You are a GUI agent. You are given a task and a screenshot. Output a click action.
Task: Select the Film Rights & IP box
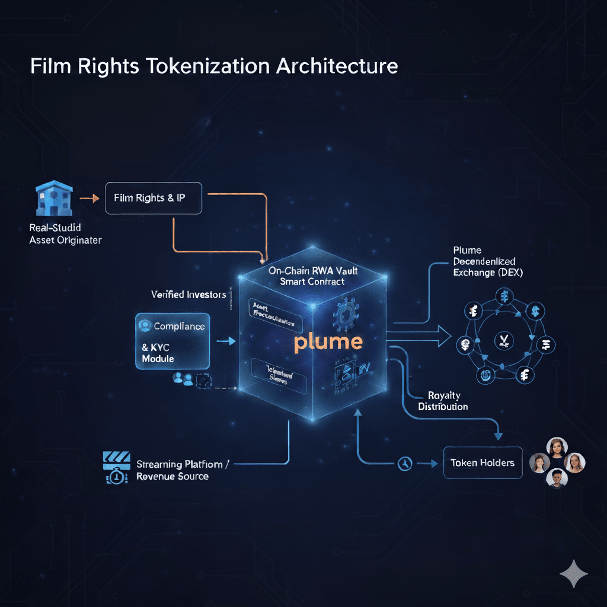click(154, 197)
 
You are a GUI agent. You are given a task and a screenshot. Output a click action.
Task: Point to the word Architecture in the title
click(337, 66)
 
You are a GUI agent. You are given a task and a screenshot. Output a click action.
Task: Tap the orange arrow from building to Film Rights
click(90, 198)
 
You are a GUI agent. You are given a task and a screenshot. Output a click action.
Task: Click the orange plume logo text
click(328, 342)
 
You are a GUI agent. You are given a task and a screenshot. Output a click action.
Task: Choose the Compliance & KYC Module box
click(172, 341)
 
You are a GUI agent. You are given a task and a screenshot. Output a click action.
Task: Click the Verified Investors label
click(189, 294)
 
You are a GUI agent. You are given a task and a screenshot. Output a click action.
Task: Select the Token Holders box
click(482, 462)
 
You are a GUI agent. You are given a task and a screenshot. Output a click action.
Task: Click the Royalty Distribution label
click(443, 401)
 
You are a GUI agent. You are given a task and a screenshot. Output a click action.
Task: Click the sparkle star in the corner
click(573, 573)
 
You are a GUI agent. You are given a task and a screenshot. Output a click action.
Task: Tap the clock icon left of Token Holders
click(404, 463)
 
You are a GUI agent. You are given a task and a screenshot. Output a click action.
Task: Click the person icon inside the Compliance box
click(144, 325)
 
